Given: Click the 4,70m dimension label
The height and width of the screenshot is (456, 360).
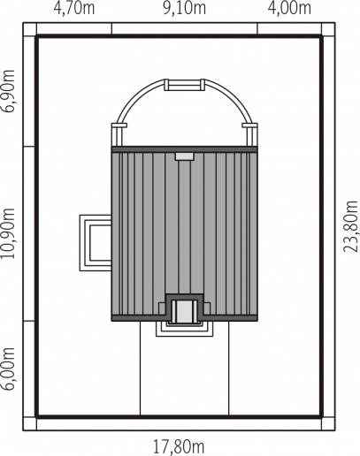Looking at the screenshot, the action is tap(74, 8).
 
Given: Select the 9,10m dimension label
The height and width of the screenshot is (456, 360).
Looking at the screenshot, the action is tap(185, 8).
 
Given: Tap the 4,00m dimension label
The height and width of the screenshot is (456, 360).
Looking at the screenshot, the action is tap(289, 8).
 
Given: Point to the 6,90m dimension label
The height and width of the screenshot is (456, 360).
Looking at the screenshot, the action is tap(8, 91).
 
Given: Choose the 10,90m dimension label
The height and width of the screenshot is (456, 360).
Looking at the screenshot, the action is tap(8, 233).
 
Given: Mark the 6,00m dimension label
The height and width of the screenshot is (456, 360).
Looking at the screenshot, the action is tap(8, 369).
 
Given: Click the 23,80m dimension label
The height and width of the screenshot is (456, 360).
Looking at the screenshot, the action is tap(351, 226).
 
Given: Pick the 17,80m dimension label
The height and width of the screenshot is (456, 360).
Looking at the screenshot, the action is tap(179, 446).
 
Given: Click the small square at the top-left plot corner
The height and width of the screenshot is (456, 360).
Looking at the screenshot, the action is tap(29, 29).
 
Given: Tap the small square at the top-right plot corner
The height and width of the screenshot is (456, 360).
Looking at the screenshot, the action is tap(328, 29).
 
